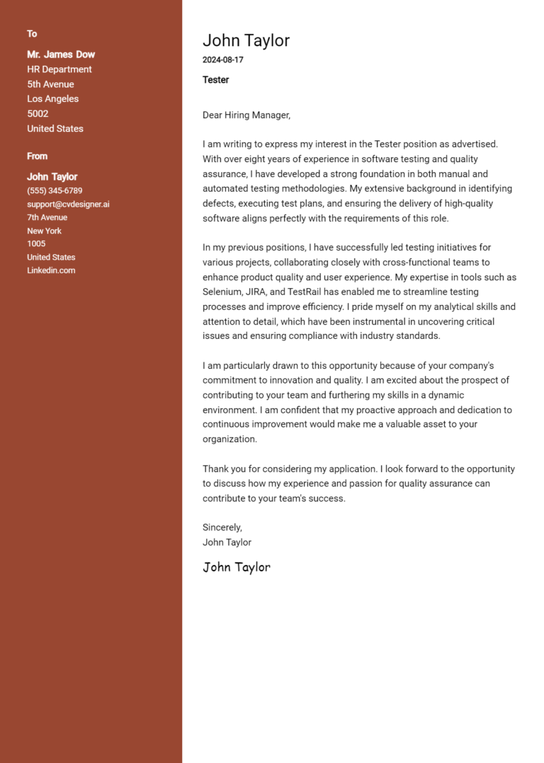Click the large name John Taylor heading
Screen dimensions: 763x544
246,41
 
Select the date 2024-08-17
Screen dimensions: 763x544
222,60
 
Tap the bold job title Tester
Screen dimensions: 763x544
215,80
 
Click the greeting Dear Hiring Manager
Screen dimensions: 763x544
246,115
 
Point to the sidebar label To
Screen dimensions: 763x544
32,34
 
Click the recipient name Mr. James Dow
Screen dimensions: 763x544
61,54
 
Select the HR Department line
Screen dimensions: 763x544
59,69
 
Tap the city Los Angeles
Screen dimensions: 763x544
53,99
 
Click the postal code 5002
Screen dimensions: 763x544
38,114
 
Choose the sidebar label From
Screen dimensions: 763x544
38,156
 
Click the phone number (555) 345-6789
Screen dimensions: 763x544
55,191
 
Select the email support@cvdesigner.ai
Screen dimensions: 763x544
68,205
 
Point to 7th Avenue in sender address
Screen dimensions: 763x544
47,218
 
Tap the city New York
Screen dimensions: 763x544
44,231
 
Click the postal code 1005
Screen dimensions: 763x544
36,244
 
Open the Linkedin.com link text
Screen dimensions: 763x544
51,270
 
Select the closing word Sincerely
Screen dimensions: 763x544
222,527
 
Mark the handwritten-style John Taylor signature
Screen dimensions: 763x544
237,567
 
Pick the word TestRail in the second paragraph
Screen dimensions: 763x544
307,292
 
